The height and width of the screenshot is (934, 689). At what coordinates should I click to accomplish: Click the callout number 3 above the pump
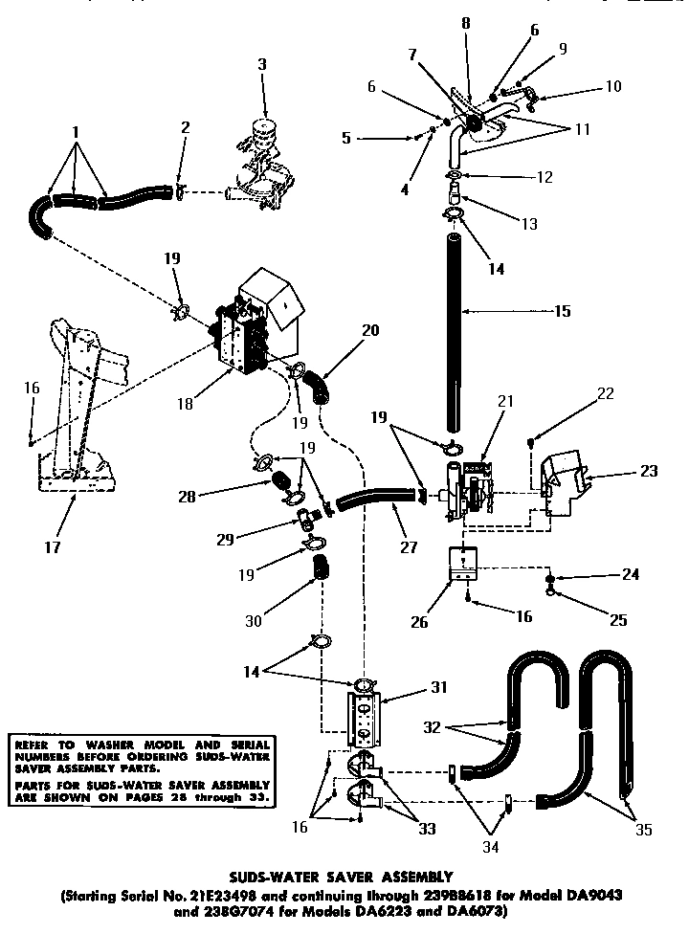point(262,64)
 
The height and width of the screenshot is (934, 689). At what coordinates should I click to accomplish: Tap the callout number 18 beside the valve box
point(186,405)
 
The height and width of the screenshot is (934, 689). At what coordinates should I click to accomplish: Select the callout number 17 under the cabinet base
point(54,548)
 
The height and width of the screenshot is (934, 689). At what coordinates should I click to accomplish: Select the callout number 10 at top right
point(612,86)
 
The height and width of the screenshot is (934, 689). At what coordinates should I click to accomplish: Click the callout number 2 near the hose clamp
point(185,127)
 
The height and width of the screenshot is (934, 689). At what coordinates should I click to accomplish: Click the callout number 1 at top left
point(76,130)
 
